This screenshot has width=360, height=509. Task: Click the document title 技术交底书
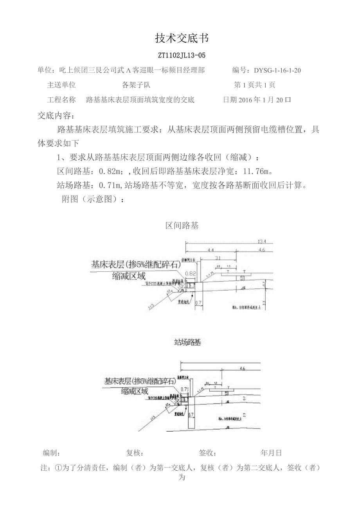click(182, 38)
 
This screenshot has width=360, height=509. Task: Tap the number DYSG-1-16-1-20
click(277, 70)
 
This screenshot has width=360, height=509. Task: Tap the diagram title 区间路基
click(182, 226)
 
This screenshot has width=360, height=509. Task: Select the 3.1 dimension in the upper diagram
click(218, 258)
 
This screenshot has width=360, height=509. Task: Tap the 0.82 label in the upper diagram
click(191, 273)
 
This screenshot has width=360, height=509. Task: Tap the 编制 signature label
click(51, 453)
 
